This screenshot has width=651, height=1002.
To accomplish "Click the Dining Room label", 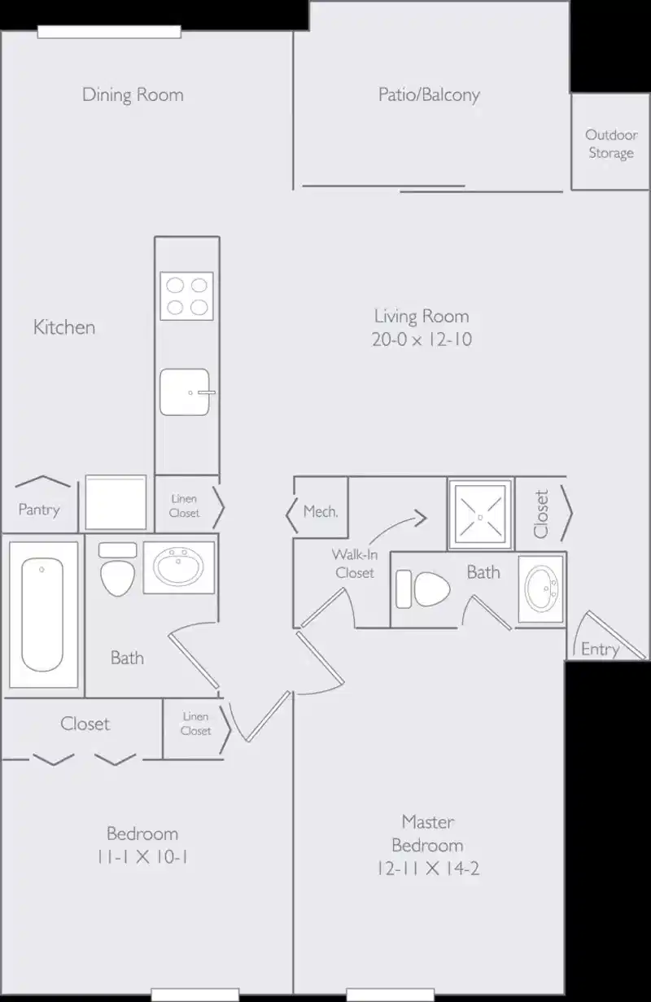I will pos(133,94).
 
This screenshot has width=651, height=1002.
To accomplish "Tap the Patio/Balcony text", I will pos(429,94).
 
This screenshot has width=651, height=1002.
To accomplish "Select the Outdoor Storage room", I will pos(610,143).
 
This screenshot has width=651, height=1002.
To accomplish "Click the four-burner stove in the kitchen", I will pos(186,295).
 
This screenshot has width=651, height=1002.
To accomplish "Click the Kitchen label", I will pos(64,327).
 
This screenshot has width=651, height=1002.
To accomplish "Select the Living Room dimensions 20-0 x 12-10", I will pos(422,340).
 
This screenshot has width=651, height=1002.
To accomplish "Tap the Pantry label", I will pos(38,510).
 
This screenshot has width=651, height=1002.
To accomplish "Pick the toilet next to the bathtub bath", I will pos(117,570).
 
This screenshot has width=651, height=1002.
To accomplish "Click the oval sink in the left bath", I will pos(179,567).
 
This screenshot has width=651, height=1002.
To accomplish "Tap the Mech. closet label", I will pos(320,512).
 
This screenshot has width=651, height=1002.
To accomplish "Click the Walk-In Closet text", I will pos(354,563).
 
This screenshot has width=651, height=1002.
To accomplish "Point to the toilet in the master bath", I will pos(423,589).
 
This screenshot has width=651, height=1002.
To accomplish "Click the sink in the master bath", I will pos(540,589).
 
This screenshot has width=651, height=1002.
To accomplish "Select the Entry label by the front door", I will pos(600,649).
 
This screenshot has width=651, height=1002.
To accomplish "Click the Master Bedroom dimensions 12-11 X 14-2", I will pos(428,869).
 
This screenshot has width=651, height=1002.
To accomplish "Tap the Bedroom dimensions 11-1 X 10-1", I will pos(142,857).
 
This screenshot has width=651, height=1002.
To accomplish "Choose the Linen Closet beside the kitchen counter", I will pos(185,505).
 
